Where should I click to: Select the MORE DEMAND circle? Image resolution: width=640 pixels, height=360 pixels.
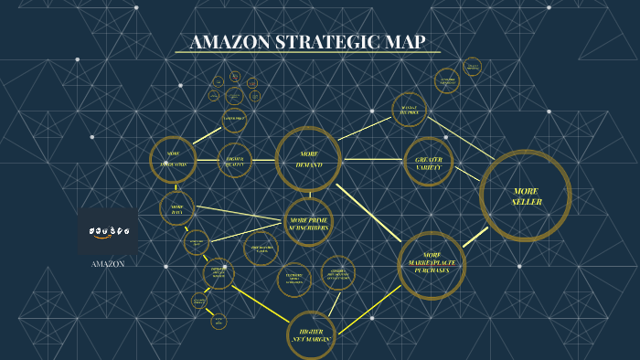click(x=308, y=159)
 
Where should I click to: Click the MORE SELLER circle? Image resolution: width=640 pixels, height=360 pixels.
click(x=526, y=196)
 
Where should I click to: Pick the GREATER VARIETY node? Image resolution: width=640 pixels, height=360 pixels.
click(x=429, y=162)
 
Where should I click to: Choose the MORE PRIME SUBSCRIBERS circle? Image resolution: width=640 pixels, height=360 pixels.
click(x=308, y=223)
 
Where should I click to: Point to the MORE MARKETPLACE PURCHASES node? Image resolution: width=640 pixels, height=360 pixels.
click(x=432, y=265)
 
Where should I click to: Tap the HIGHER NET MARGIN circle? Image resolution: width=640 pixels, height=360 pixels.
click(x=311, y=335)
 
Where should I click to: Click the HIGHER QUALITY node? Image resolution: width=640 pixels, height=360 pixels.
click(x=234, y=160)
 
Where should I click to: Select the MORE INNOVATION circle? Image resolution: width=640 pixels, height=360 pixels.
click(x=173, y=160)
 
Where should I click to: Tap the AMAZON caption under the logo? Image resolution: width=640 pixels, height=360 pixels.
click(x=108, y=264)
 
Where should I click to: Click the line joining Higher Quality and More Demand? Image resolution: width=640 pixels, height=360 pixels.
click(x=263, y=160)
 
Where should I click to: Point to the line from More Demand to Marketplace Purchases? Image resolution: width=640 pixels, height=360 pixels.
click(x=368, y=212)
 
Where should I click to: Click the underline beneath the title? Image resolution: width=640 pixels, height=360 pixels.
click(x=307, y=53)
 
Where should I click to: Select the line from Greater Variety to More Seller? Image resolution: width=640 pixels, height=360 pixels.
click(x=467, y=173)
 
